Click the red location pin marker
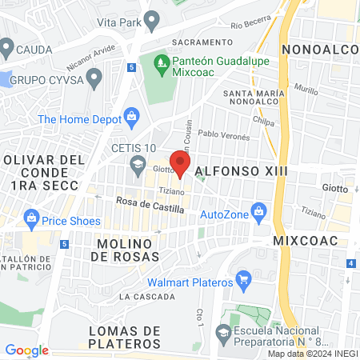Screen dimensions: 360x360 pos(180,163)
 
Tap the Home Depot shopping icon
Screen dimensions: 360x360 pos(132,119)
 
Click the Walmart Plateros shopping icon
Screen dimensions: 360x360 pos(245,280)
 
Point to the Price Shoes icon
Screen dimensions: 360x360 pos(32,218)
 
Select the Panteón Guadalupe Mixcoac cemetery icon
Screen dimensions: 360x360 pos(160,61)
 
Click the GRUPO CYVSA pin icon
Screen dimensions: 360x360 pos(95,78)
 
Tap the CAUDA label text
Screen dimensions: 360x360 pos(34,50)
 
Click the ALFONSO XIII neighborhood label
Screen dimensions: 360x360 pos(240,171)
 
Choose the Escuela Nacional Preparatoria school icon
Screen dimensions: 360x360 pos(222,331)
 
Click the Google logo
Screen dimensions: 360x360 pos(26,350)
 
